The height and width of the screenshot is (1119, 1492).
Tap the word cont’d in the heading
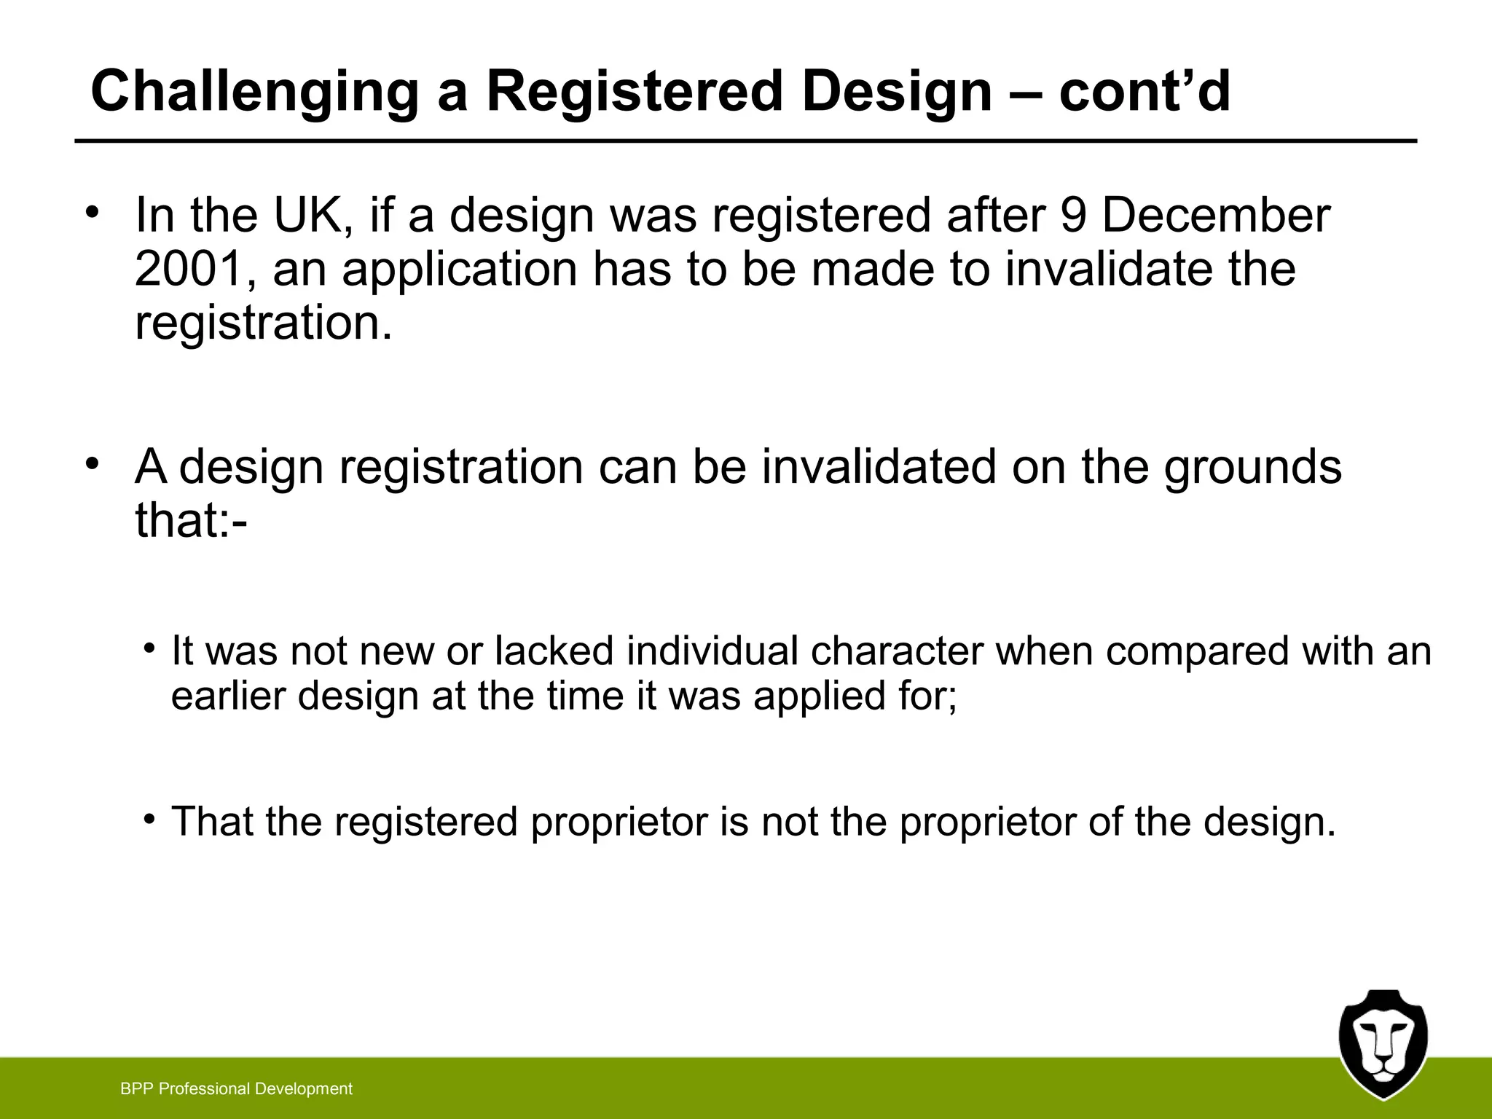[1144, 92]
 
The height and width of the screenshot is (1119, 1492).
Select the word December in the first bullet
[1216, 216]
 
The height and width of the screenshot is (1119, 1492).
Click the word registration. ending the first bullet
[264, 323]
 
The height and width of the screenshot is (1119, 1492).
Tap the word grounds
[1252, 467]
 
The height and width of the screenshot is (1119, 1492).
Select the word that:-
[191, 520]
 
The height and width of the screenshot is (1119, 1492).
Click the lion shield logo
[1383, 1043]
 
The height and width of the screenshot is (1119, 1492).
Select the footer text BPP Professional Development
[236, 1089]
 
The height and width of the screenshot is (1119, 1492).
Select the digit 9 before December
[1074, 216]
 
